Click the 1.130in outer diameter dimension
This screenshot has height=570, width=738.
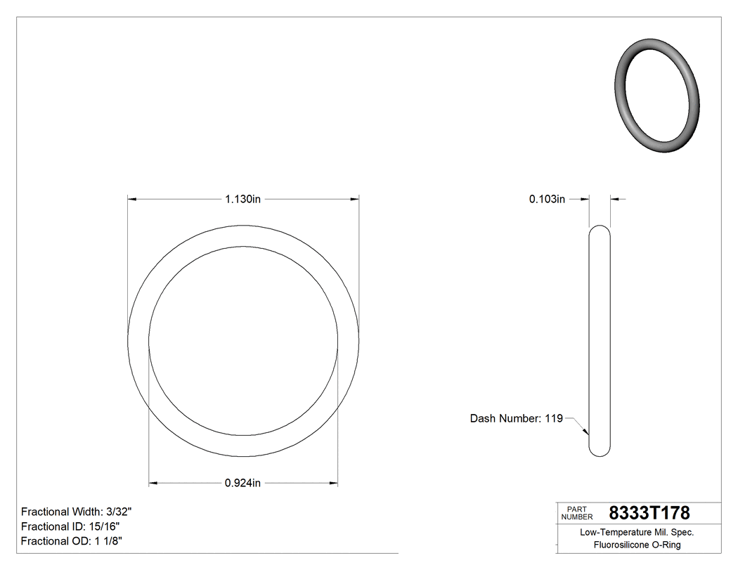point(242,200)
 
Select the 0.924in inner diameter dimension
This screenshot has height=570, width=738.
point(242,483)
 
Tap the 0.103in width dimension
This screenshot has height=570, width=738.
point(547,200)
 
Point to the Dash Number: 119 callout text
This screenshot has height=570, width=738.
point(516,419)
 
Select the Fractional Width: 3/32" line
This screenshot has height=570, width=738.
point(77,512)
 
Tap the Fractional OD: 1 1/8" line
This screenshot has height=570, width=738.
point(73,541)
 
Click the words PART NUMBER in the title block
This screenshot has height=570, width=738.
point(577,513)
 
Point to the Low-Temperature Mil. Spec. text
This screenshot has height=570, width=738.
point(637,533)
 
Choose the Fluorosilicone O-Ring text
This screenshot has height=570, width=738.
point(637,545)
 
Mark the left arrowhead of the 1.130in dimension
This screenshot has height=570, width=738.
point(131,200)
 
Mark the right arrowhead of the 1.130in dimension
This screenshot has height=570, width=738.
point(355,200)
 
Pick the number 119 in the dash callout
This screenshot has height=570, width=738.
point(554,419)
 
